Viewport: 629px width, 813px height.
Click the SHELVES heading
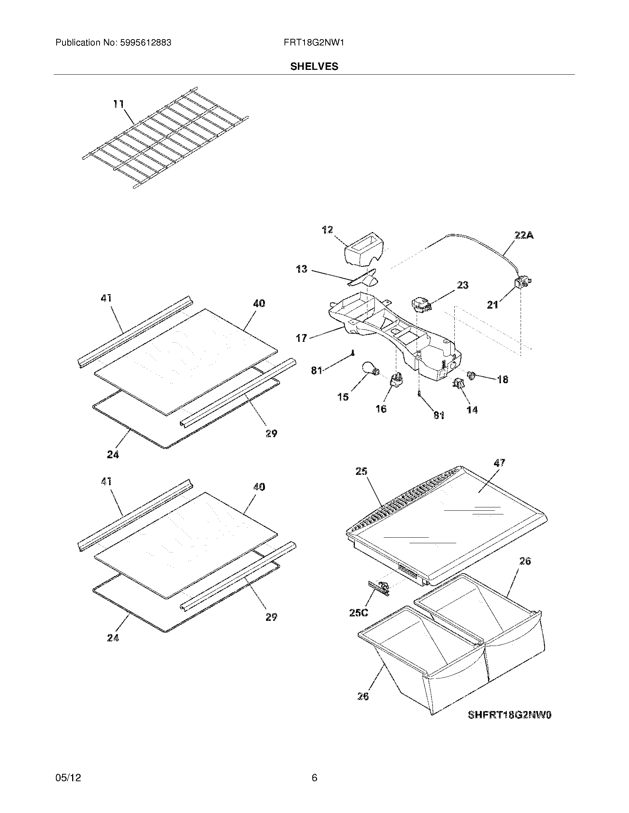pyautogui.click(x=314, y=67)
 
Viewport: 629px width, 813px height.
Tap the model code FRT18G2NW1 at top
pyautogui.click(x=314, y=43)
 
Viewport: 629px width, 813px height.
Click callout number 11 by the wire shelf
pyautogui.click(x=118, y=104)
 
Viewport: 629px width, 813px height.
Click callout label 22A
pyautogui.click(x=524, y=235)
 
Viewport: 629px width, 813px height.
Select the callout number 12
pyautogui.click(x=327, y=230)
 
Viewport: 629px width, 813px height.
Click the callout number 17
pyautogui.click(x=301, y=338)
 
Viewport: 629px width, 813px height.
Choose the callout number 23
pyautogui.click(x=462, y=285)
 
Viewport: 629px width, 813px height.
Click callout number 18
pyautogui.click(x=502, y=380)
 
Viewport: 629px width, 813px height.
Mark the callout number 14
pyautogui.click(x=472, y=409)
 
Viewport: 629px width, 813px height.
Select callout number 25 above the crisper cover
pyautogui.click(x=361, y=471)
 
